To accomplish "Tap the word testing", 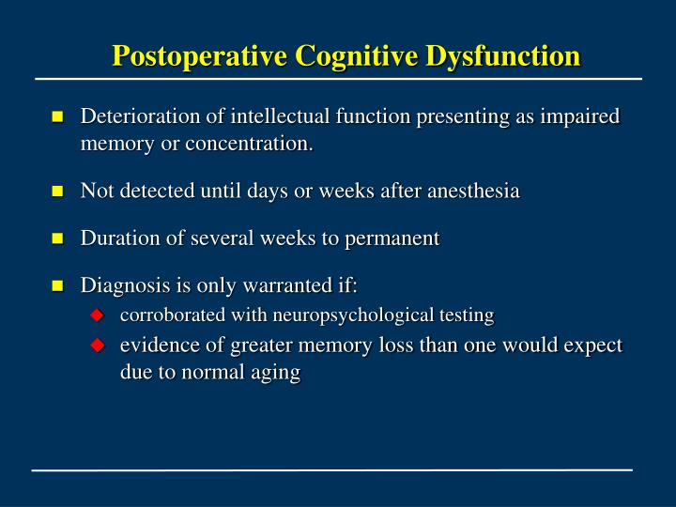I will pyautogui.click(x=467, y=315).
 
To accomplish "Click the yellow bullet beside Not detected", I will pyautogui.click(x=57, y=192).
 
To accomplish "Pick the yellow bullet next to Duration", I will pyautogui.click(x=57, y=238).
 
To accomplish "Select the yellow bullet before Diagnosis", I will pyautogui.click(x=57, y=285).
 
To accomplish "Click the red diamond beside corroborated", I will pyautogui.click(x=96, y=315).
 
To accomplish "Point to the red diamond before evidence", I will pyautogui.click(x=96, y=346).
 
